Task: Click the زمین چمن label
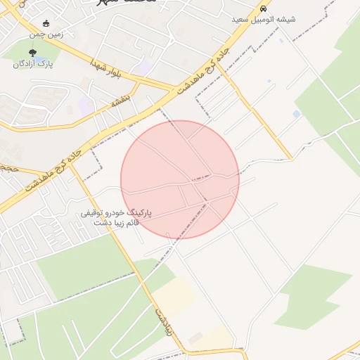coord(46,34)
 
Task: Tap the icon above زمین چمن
coord(46,23)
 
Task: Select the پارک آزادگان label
coord(33,63)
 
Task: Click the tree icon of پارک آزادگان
coord(33,53)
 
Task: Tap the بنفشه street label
coord(122,101)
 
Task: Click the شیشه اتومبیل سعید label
coord(264,19)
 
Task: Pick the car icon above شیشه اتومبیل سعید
coord(264,9)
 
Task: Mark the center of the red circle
coord(180,179)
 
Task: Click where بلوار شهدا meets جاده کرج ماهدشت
coord(174,90)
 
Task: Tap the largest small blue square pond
coord(296,114)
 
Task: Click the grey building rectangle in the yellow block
coord(195,339)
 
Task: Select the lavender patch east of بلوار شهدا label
coord(146,68)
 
